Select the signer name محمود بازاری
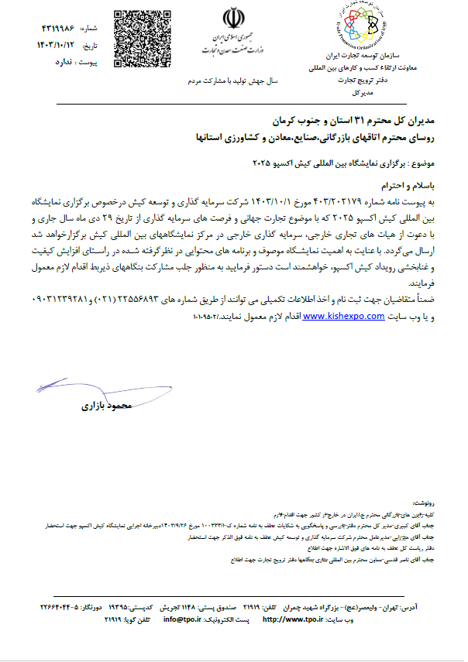point(108,406)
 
